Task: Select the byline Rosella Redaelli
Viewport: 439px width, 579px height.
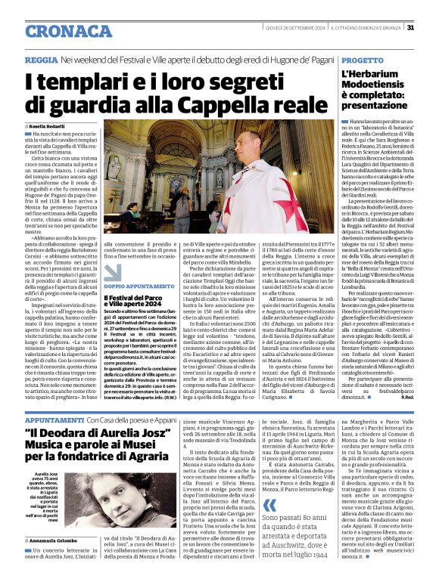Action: click(51, 126)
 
